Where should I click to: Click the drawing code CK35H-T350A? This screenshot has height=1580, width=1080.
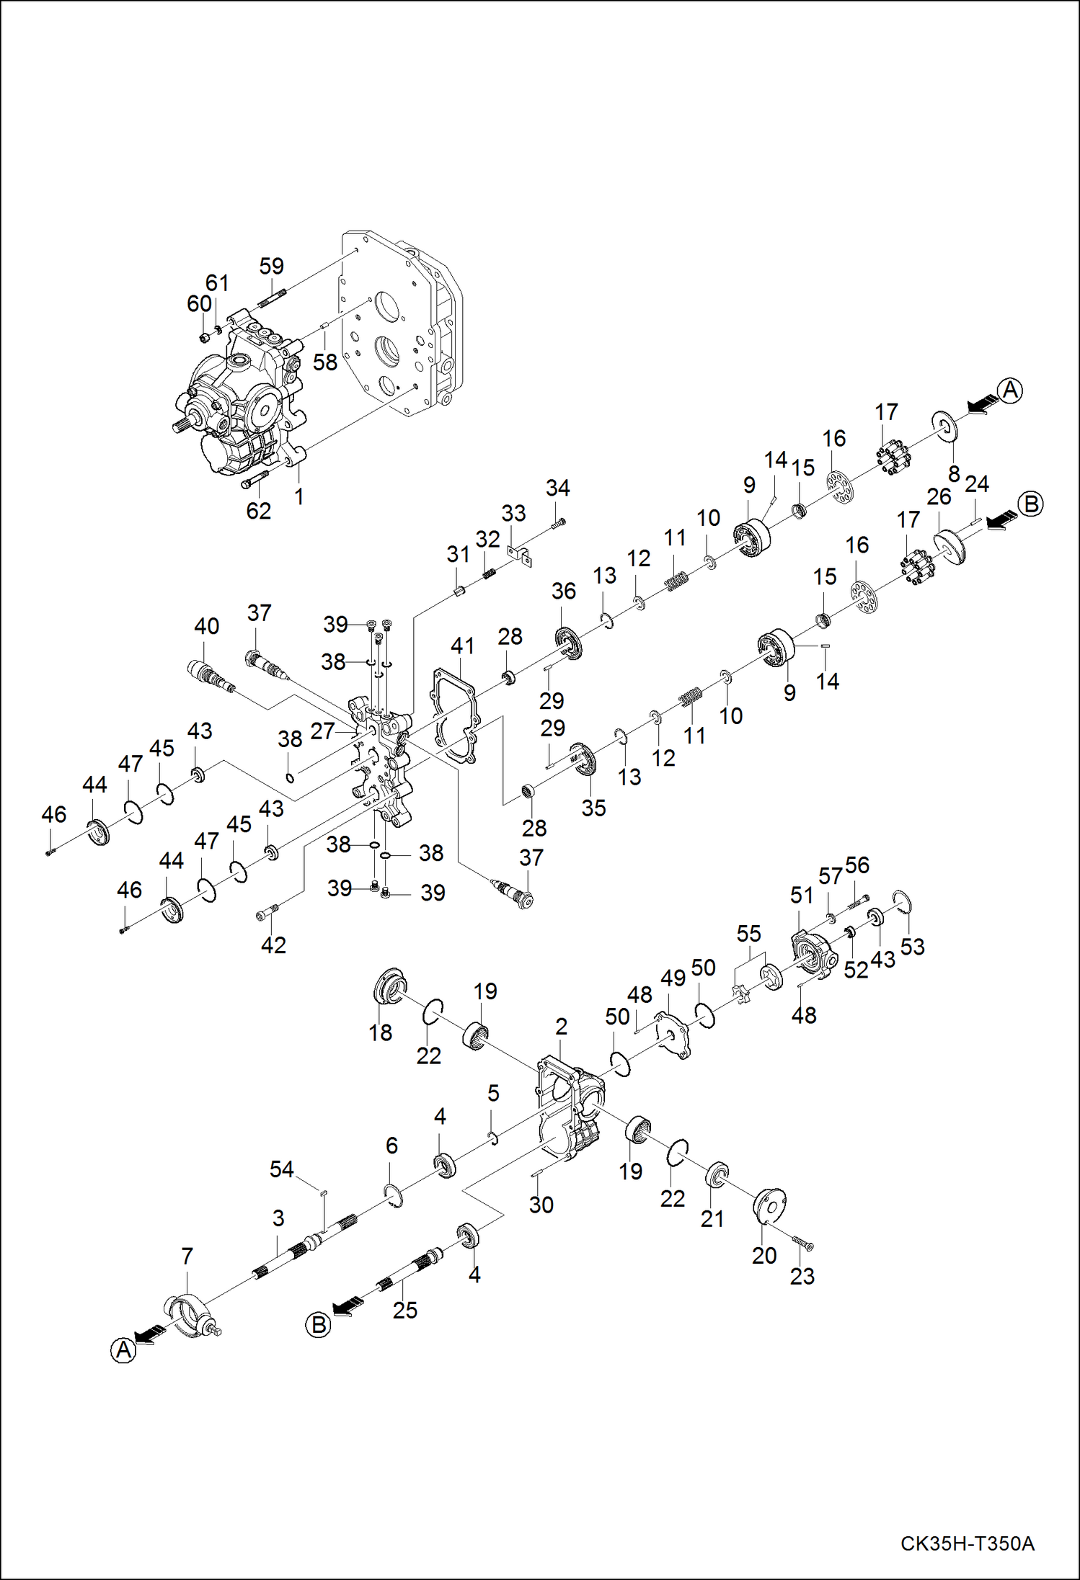point(967,1543)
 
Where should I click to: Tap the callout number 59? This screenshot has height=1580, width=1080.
point(272,266)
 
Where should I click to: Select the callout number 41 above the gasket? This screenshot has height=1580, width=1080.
point(462,646)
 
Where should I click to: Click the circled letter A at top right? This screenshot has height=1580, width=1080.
point(1010,390)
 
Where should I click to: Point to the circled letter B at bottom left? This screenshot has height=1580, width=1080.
point(318,1325)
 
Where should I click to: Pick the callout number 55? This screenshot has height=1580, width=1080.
point(748,934)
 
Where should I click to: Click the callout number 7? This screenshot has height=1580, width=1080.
point(187,1256)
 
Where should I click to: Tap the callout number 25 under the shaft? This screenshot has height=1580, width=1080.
point(404,1310)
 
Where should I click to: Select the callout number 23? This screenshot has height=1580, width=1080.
point(802,1276)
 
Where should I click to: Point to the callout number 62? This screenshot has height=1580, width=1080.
point(258,510)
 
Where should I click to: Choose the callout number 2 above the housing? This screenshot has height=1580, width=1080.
point(561,1026)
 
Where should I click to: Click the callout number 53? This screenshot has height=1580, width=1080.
point(912,946)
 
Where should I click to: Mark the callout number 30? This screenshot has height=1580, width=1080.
point(541,1205)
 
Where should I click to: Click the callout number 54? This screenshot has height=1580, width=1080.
point(281,1169)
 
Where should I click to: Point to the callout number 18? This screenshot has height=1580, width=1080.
point(380,1032)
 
